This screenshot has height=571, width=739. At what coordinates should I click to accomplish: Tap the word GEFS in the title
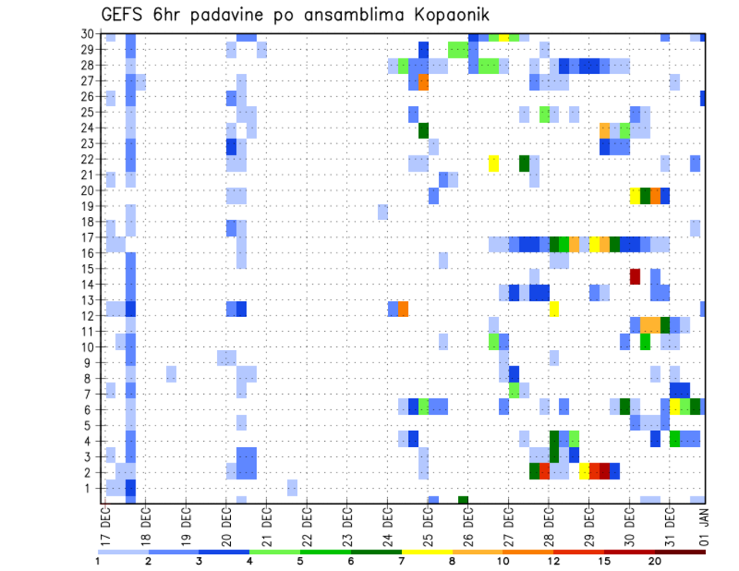(x=125, y=15)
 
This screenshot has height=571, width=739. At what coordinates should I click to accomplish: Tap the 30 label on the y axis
(x=89, y=33)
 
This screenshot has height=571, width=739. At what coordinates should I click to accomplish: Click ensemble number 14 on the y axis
(x=89, y=284)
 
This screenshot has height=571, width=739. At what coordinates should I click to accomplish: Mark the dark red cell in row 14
(x=635, y=276)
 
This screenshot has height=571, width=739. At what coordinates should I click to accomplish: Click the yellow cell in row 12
(x=553, y=309)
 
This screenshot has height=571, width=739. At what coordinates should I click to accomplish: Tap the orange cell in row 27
(x=423, y=82)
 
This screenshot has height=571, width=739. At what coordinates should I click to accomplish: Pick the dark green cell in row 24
(x=423, y=131)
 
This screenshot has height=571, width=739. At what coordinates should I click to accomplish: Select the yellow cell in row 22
(x=493, y=163)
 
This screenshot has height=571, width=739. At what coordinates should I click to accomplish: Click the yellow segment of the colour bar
(x=426, y=552)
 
